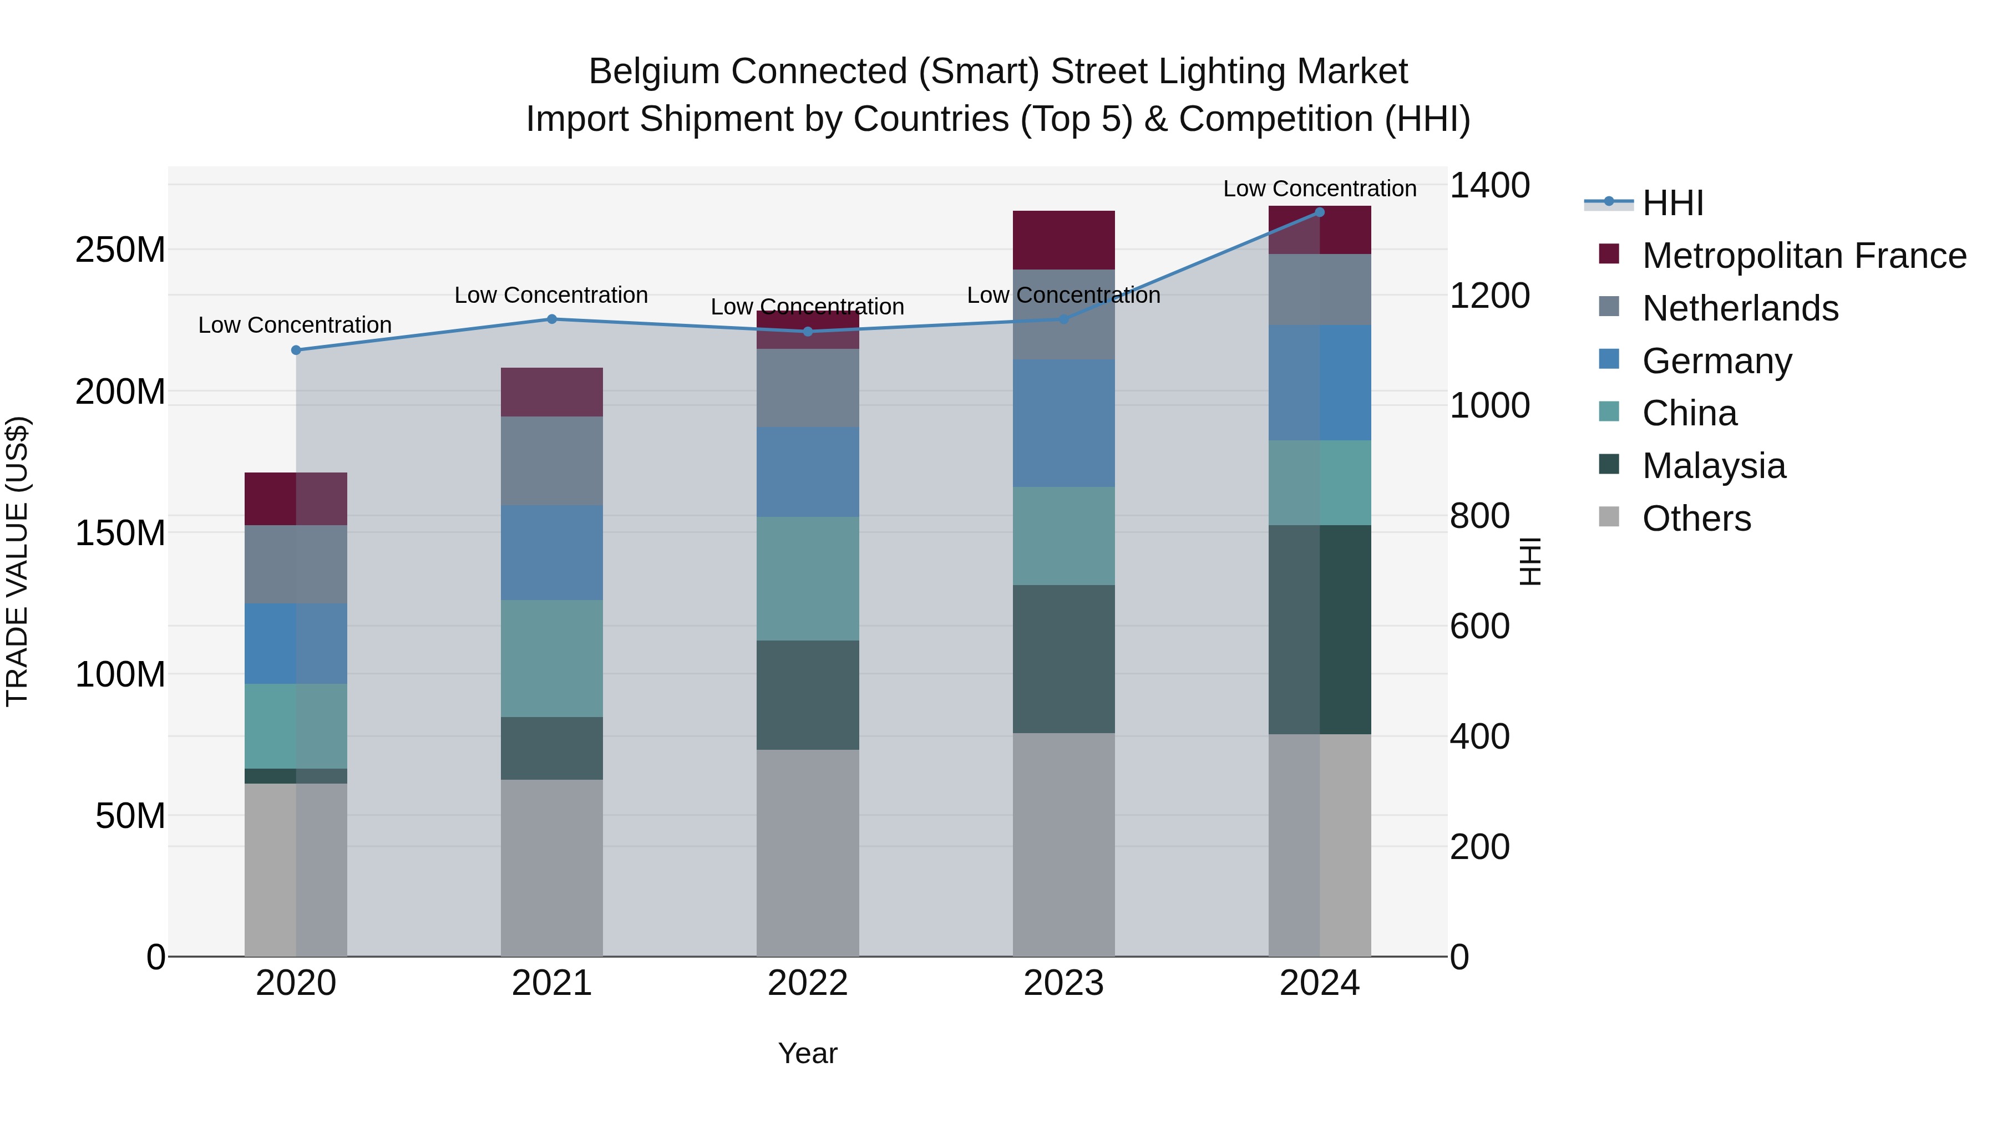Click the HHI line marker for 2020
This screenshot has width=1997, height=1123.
pos(295,350)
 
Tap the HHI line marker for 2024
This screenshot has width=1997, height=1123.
pos(1320,212)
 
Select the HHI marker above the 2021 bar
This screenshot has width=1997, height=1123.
pos(552,319)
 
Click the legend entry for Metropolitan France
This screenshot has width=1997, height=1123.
pos(1803,256)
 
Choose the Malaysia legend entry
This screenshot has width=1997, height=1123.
pos(1714,466)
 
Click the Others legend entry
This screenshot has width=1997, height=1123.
pos(1696,519)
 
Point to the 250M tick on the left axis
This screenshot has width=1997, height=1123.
pos(120,250)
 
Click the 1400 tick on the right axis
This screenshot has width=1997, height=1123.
pos(1488,186)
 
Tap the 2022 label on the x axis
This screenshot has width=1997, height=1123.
pos(807,983)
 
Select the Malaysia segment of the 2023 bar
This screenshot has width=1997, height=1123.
pos(1063,659)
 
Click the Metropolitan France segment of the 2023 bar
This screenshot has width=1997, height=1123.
pos(1063,240)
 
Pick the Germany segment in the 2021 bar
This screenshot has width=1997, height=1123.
pos(551,552)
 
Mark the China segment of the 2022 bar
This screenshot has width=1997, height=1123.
pos(807,578)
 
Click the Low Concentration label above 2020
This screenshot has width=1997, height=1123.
pos(295,326)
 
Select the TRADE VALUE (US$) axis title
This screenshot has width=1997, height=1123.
pos(17,561)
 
